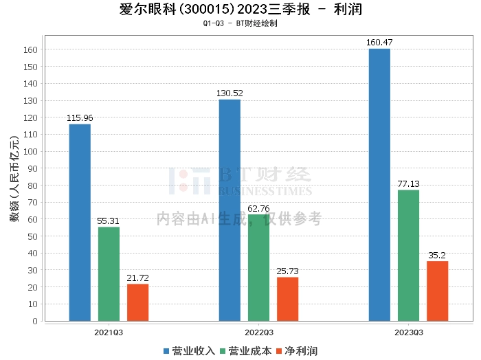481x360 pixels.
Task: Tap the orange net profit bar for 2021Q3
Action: tap(137, 302)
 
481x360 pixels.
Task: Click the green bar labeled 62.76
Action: tap(258, 267)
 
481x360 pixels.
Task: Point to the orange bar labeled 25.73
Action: tap(287, 298)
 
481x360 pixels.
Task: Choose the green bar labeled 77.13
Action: tap(408, 255)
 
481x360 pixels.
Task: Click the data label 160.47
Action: tap(379, 43)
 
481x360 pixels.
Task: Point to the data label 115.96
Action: tap(80, 118)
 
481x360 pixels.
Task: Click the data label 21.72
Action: tap(137, 278)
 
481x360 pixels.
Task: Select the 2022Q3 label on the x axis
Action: tap(258, 331)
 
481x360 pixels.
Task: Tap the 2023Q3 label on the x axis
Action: tap(408, 331)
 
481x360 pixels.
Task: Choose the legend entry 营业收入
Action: tap(190, 350)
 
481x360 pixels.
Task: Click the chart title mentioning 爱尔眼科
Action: tap(240, 10)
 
